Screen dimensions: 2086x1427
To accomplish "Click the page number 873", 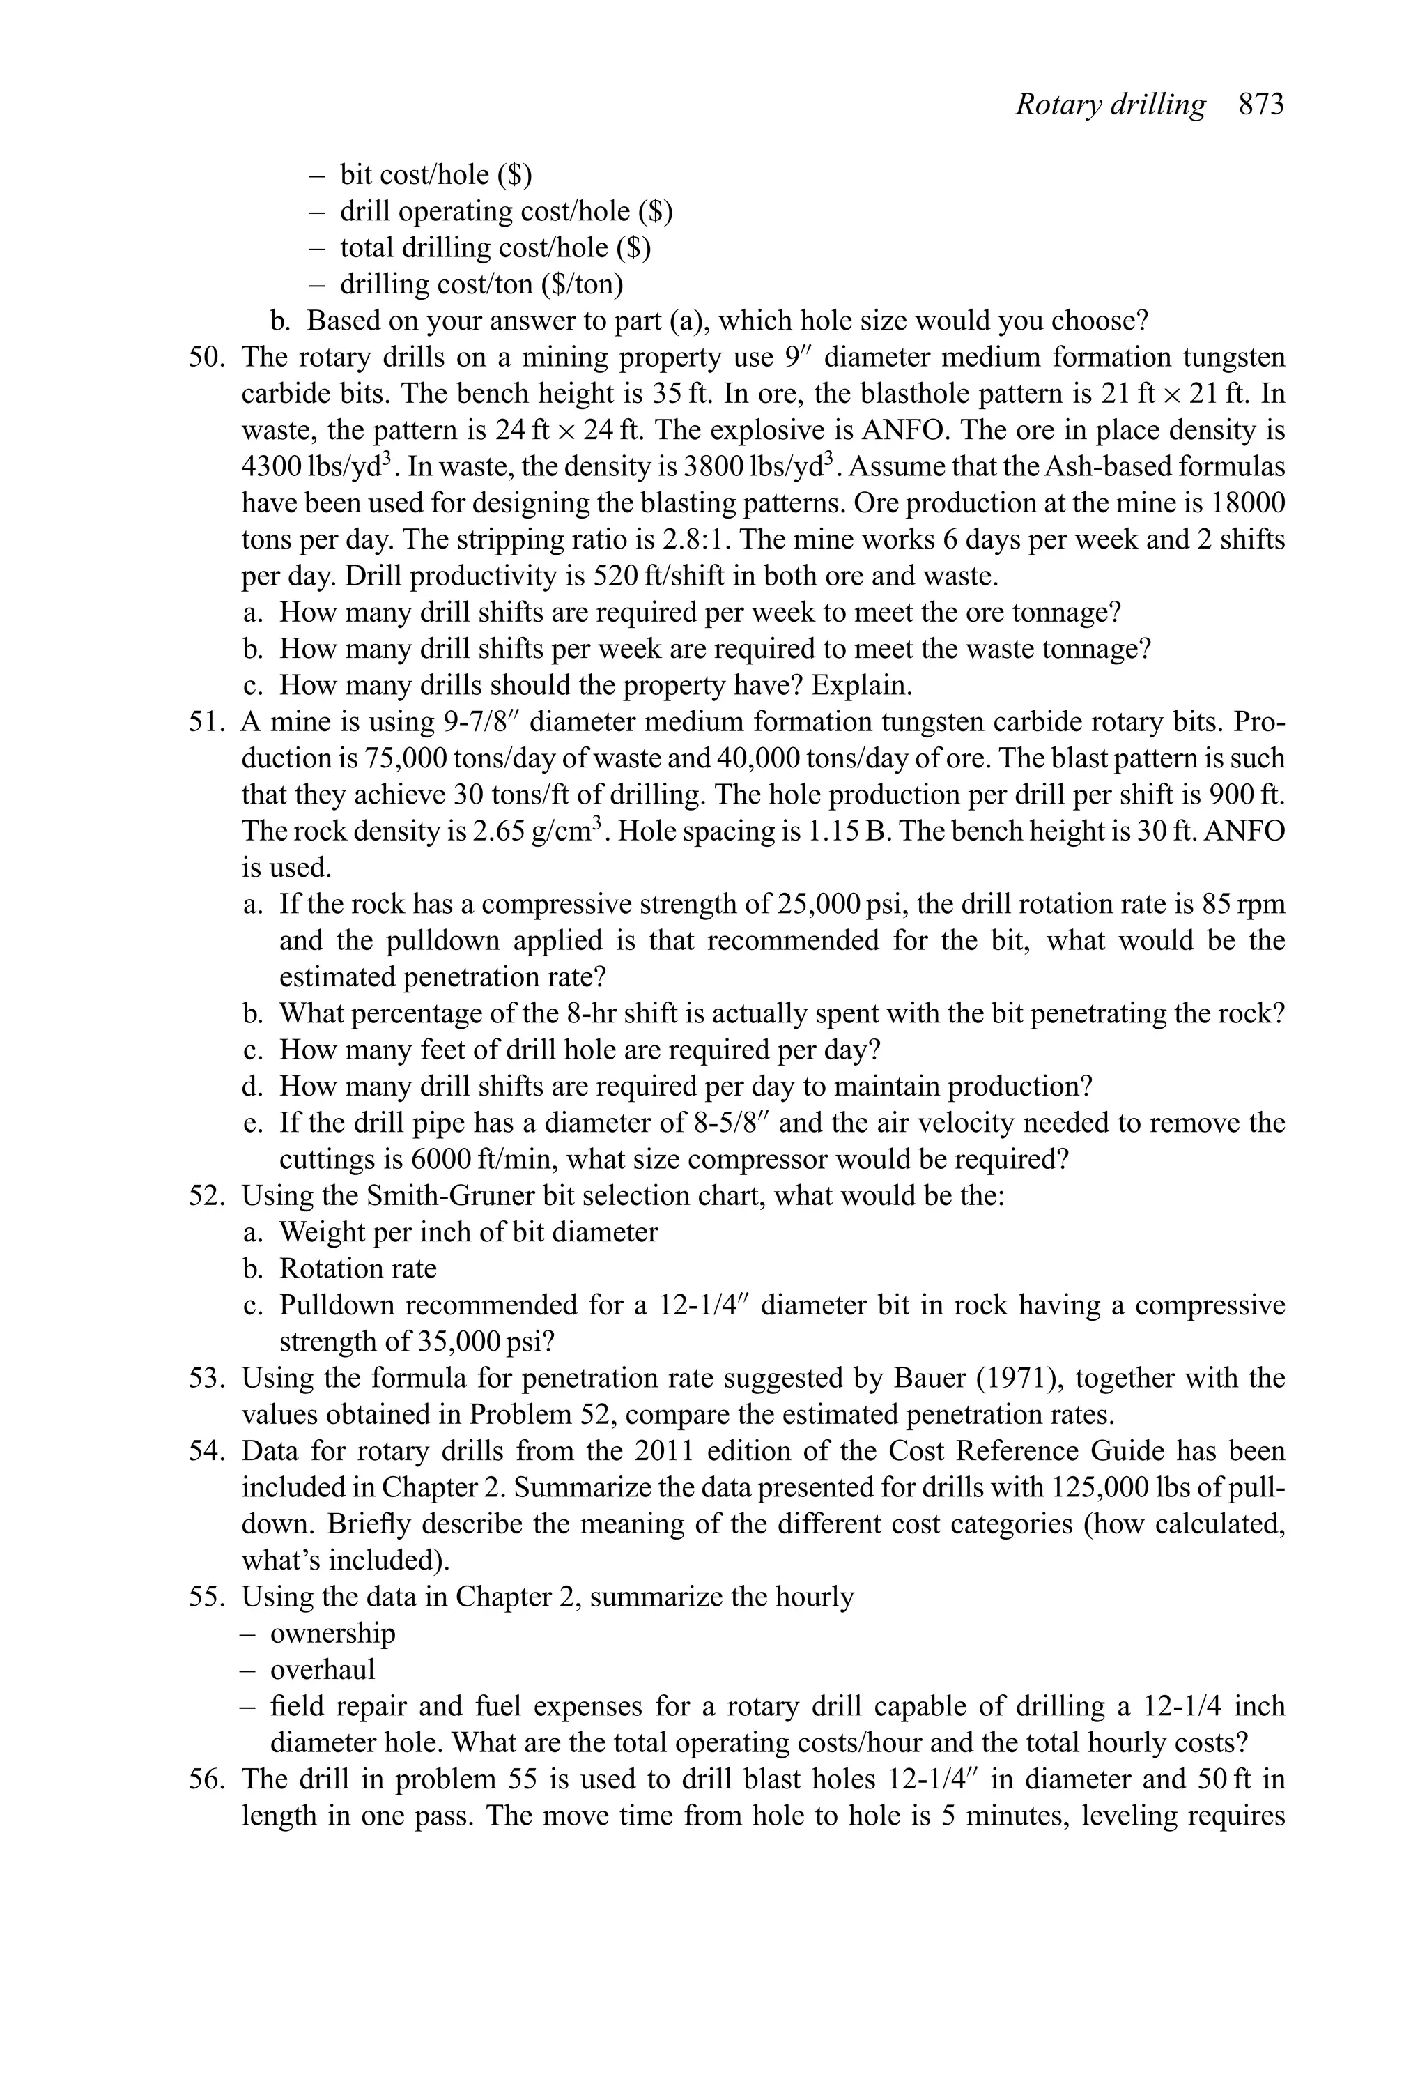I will [x=1261, y=105].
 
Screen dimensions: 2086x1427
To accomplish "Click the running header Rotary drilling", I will [x=1110, y=105].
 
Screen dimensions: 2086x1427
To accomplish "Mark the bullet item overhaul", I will [x=322, y=1669].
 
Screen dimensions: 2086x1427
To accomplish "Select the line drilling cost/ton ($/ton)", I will [x=481, y=284].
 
